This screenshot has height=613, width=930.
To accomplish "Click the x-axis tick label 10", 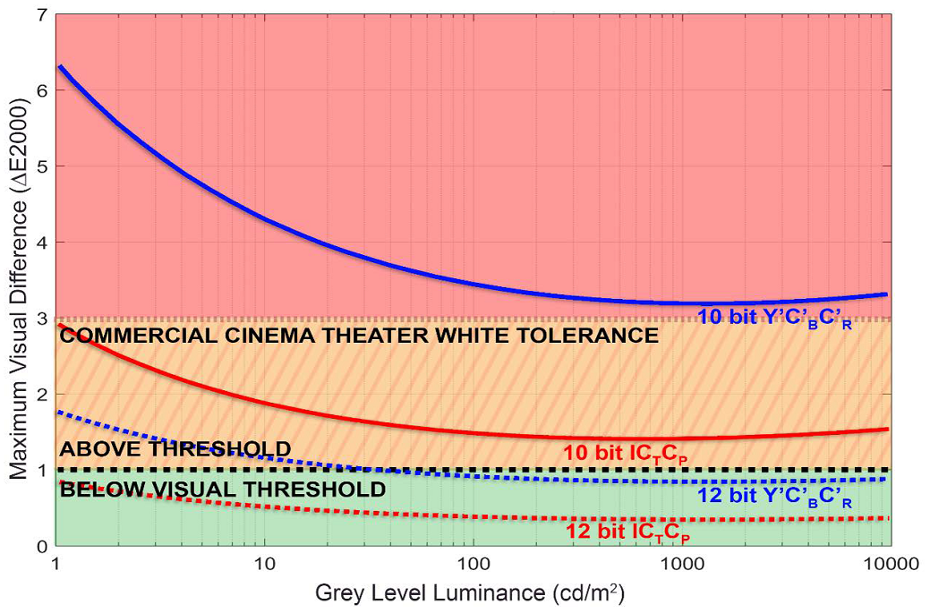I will click(x=263, y=565).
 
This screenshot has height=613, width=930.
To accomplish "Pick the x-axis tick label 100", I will click(x=472, y=565).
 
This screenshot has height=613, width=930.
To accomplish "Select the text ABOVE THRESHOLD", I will click(x=175, y=449).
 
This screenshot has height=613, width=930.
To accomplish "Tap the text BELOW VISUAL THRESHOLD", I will click(x=223, y=490).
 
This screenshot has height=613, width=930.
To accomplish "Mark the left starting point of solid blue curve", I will click(x=58, y=66).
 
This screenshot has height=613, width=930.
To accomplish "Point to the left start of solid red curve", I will click(x=58, y=325).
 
